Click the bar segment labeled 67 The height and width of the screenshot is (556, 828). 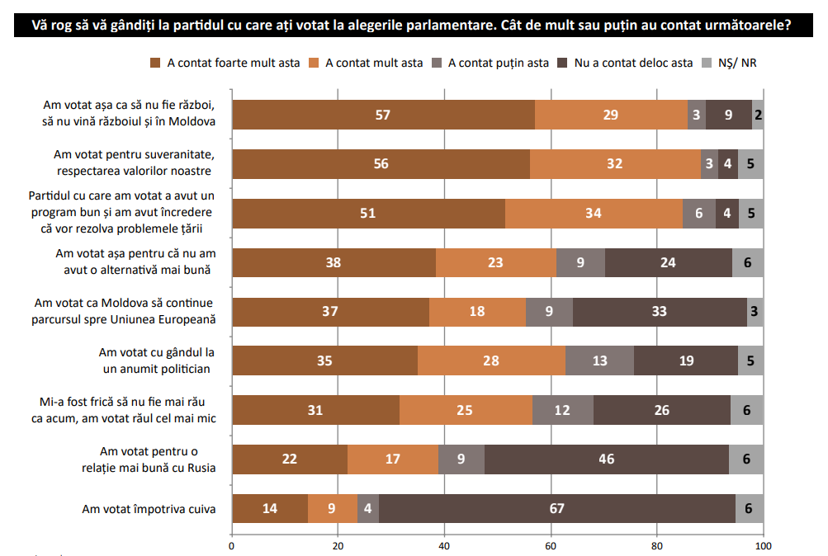556,509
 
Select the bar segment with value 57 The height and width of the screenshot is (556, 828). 382,115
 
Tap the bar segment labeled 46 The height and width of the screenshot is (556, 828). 606,459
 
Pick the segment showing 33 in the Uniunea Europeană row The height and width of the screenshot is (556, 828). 660,312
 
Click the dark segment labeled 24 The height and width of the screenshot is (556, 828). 668,262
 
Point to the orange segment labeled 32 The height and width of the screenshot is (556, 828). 614,164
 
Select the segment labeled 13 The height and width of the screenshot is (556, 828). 599,360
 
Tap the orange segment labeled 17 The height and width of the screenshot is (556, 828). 392,459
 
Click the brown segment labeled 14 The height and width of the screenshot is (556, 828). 270,509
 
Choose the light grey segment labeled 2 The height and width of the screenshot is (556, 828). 758,115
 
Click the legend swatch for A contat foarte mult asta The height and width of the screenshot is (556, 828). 156,63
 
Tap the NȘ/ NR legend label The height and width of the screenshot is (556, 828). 738,63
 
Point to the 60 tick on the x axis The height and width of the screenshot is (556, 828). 551,546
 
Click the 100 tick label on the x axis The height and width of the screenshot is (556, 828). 763,546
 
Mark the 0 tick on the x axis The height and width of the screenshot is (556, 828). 232,546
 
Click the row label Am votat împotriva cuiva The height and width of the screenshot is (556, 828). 149,509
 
